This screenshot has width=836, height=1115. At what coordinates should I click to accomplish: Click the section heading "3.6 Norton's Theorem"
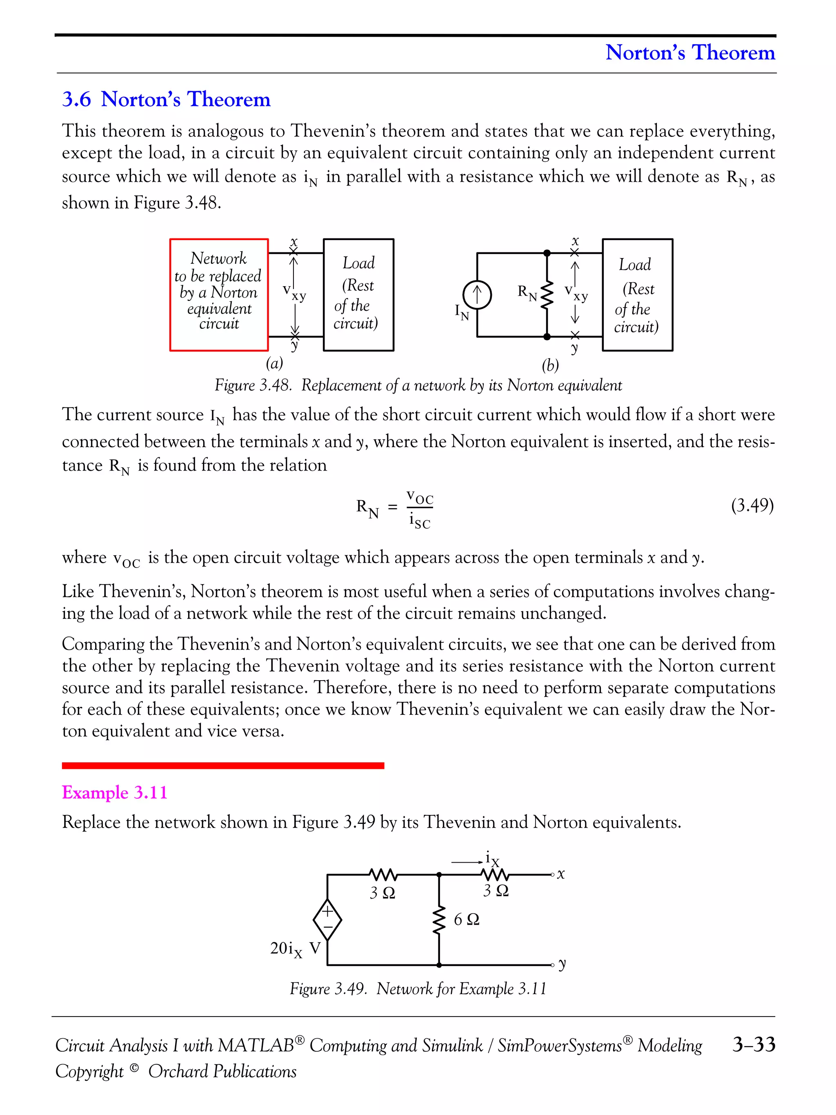click(x=166, y=99)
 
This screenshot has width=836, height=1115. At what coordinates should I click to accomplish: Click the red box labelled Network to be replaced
click(x=219, y=294)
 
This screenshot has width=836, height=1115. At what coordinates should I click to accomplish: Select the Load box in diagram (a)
click(x=358, y=294)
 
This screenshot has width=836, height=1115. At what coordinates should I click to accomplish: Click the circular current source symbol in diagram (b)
click(x=477, y=295)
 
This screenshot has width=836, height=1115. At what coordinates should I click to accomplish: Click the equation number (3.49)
click(x=752, y=505)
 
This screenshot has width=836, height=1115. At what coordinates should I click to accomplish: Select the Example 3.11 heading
click(x=114, y=792)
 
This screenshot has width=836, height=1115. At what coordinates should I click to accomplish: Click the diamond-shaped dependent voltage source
click(x=327, y=919)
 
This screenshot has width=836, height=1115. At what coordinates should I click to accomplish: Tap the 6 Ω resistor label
click(x=466, y=919)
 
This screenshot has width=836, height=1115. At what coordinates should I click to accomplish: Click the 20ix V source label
click(x=295, y=949)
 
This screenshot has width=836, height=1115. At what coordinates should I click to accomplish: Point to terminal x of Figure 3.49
click(x=553, y=875)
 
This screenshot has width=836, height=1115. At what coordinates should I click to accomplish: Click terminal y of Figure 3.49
click(x=553, y=965)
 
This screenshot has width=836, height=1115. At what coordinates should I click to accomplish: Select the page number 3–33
click(x=754, y=1044)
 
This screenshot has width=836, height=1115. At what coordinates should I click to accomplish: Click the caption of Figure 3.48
click(x=418, y=385)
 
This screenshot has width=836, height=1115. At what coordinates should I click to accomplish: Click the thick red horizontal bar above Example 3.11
click(x=223, y=766)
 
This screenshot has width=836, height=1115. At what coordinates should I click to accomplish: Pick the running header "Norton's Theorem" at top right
click(x=690, y=52)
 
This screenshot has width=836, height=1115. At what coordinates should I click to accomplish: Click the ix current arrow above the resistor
click(x=467, y=862)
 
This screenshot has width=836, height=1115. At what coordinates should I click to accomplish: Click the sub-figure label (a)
click(x=275, y=363)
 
